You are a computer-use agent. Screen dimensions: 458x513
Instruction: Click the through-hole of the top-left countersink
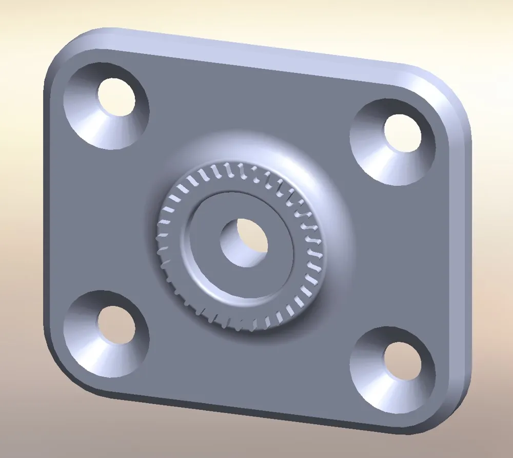tap(117, 98)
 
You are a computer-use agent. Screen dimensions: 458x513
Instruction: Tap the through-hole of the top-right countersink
tap(403, 133)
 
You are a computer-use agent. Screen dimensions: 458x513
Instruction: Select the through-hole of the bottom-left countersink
tap(116, 325)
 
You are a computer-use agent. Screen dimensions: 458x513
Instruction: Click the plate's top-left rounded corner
tap(64, 49)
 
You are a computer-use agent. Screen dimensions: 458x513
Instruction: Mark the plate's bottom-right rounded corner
tap(451, 411)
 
